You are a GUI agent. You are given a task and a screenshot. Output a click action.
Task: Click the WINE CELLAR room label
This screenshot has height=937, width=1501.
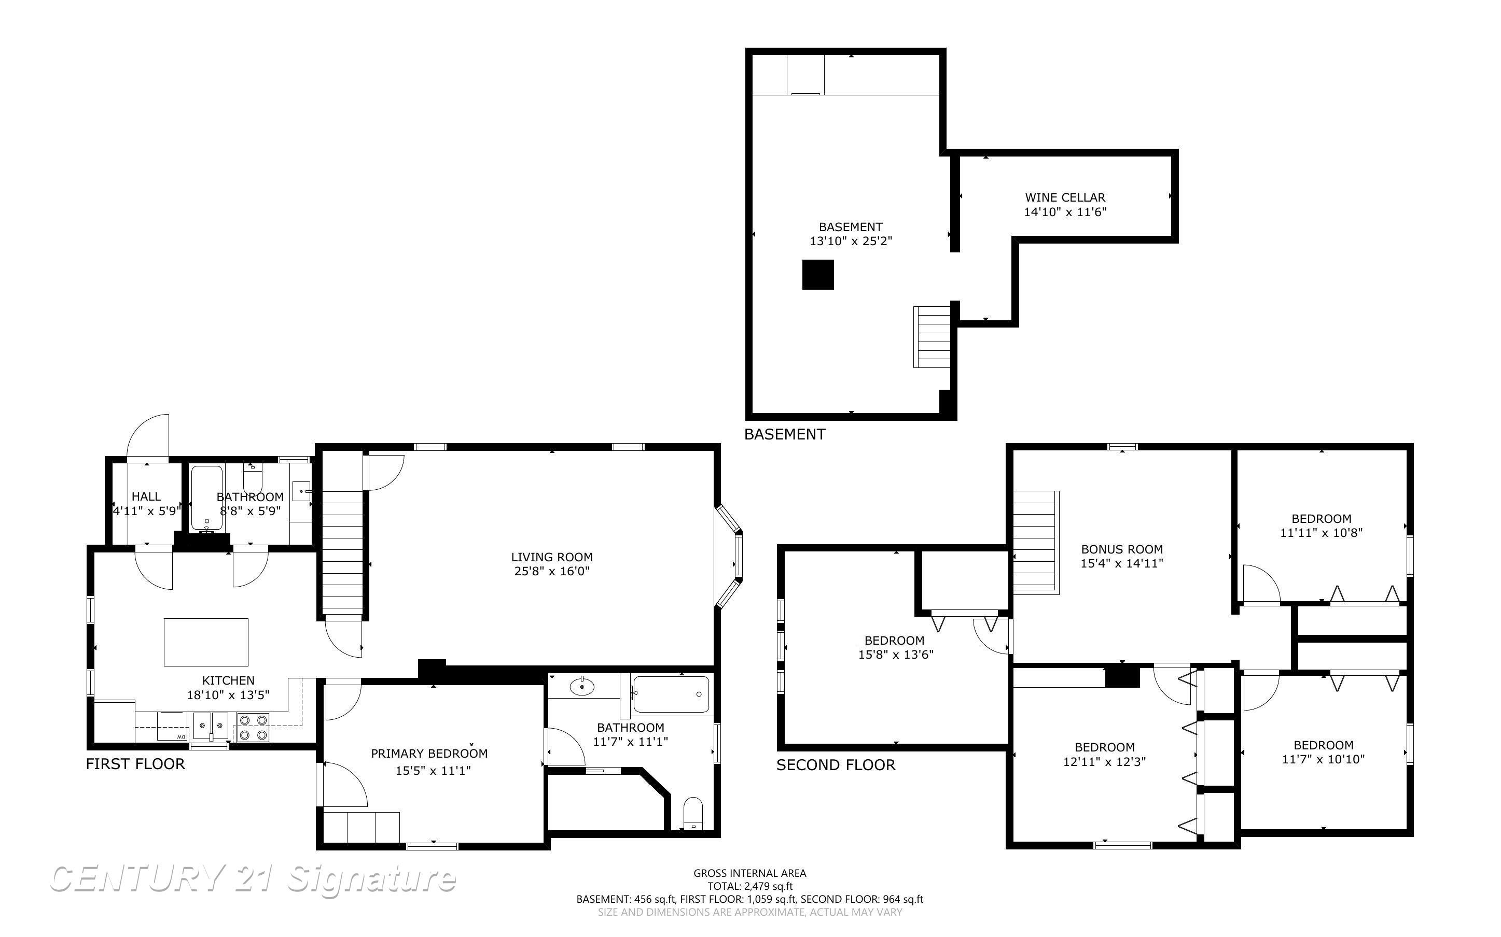point(1064,197)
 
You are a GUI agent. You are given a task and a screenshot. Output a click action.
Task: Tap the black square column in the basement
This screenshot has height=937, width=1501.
point(818,275)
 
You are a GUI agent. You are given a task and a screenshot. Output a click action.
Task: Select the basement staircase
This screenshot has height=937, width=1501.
point(932,336)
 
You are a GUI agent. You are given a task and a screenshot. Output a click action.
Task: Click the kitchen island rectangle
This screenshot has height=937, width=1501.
point(206,642)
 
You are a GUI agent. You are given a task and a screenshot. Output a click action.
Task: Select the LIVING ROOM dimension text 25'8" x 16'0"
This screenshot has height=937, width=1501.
point(552,571)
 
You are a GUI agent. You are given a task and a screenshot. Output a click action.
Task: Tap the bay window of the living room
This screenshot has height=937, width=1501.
point(729,556)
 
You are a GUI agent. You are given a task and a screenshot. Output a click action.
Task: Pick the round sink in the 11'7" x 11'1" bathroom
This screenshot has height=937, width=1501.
point(581,686)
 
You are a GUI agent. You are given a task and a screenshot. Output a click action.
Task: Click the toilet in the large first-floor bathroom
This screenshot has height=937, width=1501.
point(692,813)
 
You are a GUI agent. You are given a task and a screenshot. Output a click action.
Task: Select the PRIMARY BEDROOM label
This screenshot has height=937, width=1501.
point(429,754)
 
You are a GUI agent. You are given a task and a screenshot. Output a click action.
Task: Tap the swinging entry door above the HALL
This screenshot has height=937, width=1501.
point(147,437)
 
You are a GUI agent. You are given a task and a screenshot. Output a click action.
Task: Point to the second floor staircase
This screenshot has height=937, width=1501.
point(1035,541)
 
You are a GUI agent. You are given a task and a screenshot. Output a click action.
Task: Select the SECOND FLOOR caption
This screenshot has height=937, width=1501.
point(836,765)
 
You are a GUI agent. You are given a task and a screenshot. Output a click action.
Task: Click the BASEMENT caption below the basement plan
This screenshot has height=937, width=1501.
point(785,434)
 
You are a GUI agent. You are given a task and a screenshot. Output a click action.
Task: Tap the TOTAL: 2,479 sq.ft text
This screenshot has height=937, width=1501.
point(749,886)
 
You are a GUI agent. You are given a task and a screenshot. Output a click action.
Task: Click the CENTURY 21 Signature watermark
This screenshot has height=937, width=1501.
point(253,879)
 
